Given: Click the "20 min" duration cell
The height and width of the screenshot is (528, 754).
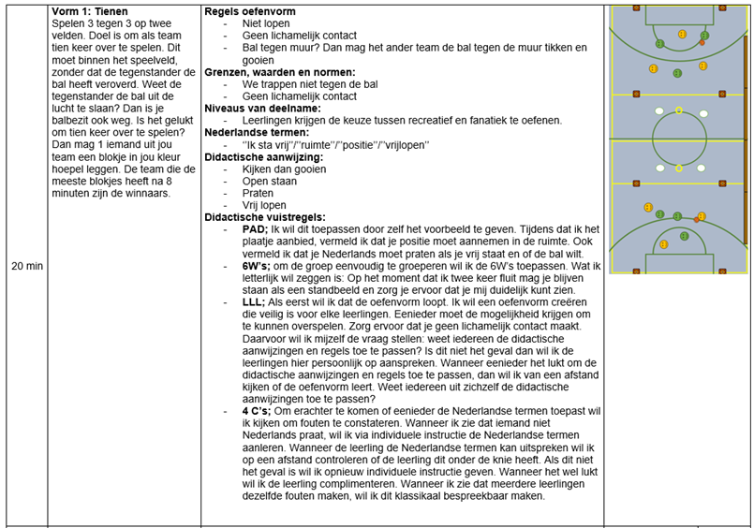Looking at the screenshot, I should [x=26, y=266].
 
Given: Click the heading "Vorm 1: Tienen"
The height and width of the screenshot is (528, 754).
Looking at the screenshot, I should [x=94, y=10].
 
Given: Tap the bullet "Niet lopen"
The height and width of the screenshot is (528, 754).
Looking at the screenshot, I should [x=266, y=24].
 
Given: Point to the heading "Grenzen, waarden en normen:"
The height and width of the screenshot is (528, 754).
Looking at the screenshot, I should [x=279, y=72].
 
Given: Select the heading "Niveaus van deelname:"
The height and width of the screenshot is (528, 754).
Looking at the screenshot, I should [x=262, y=109].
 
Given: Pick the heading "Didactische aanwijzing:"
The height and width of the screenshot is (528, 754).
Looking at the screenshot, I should [x=264, y=157].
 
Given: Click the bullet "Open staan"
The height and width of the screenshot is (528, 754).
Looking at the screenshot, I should [x=270, y=182].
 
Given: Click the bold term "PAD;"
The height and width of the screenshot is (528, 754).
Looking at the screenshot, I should [x=256, y=229].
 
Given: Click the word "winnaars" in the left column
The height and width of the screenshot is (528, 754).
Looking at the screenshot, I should [x=145, y=194].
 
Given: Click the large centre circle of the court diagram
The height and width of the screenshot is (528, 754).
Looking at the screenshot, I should [x=679, y=139].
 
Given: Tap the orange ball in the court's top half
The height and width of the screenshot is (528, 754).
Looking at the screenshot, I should [x=702, y=43].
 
